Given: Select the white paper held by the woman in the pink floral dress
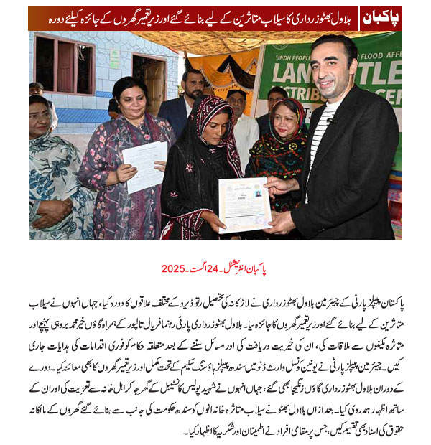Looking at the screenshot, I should point(144,165).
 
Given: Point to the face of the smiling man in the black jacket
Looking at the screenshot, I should point(331,72).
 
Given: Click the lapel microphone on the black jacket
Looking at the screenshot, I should point(333,121).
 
